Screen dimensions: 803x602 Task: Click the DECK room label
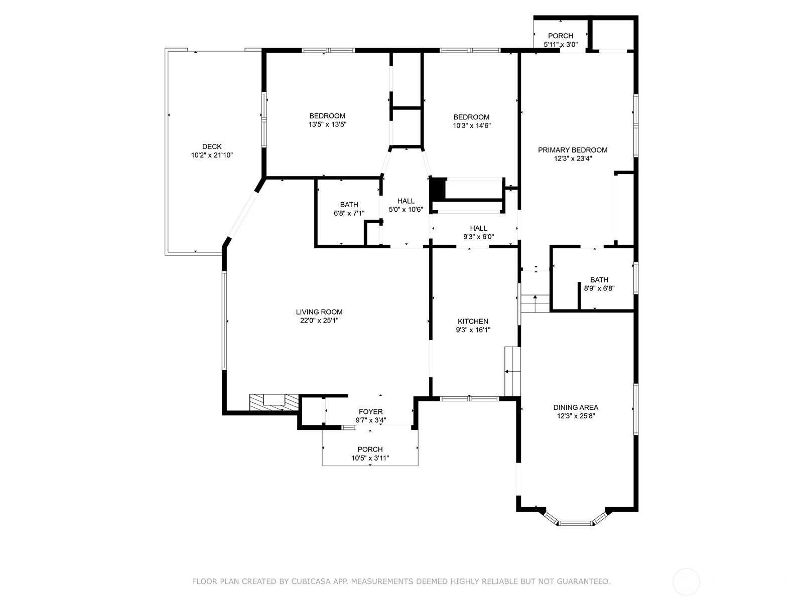(212, 146)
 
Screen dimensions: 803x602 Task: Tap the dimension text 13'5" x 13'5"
(327, 124)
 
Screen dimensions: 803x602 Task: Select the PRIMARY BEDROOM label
(573, 150)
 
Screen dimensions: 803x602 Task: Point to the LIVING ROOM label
(319, 312)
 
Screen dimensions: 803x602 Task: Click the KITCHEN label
(473, 321)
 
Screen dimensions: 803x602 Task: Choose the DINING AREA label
(576, 407)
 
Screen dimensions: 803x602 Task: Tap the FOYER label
(370, 411)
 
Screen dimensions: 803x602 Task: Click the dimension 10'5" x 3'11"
(370, 458)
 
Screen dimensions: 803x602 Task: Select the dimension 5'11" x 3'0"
(561, 45)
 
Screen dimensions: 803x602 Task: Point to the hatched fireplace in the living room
(274, 402)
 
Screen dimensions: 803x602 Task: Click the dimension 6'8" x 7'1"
(349, 213)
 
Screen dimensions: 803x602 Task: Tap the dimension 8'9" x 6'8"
(599, 288)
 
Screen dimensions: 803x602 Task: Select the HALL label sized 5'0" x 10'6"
(406, 201)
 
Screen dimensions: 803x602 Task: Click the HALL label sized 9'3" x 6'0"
(478, 228)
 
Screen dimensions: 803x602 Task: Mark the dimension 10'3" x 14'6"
(472, 126)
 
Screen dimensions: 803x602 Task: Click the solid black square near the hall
(438, 188)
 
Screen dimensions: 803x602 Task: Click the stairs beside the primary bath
(535, 303)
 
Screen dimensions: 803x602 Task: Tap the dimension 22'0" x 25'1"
(319, 321)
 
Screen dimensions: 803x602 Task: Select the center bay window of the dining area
(576, 523)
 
